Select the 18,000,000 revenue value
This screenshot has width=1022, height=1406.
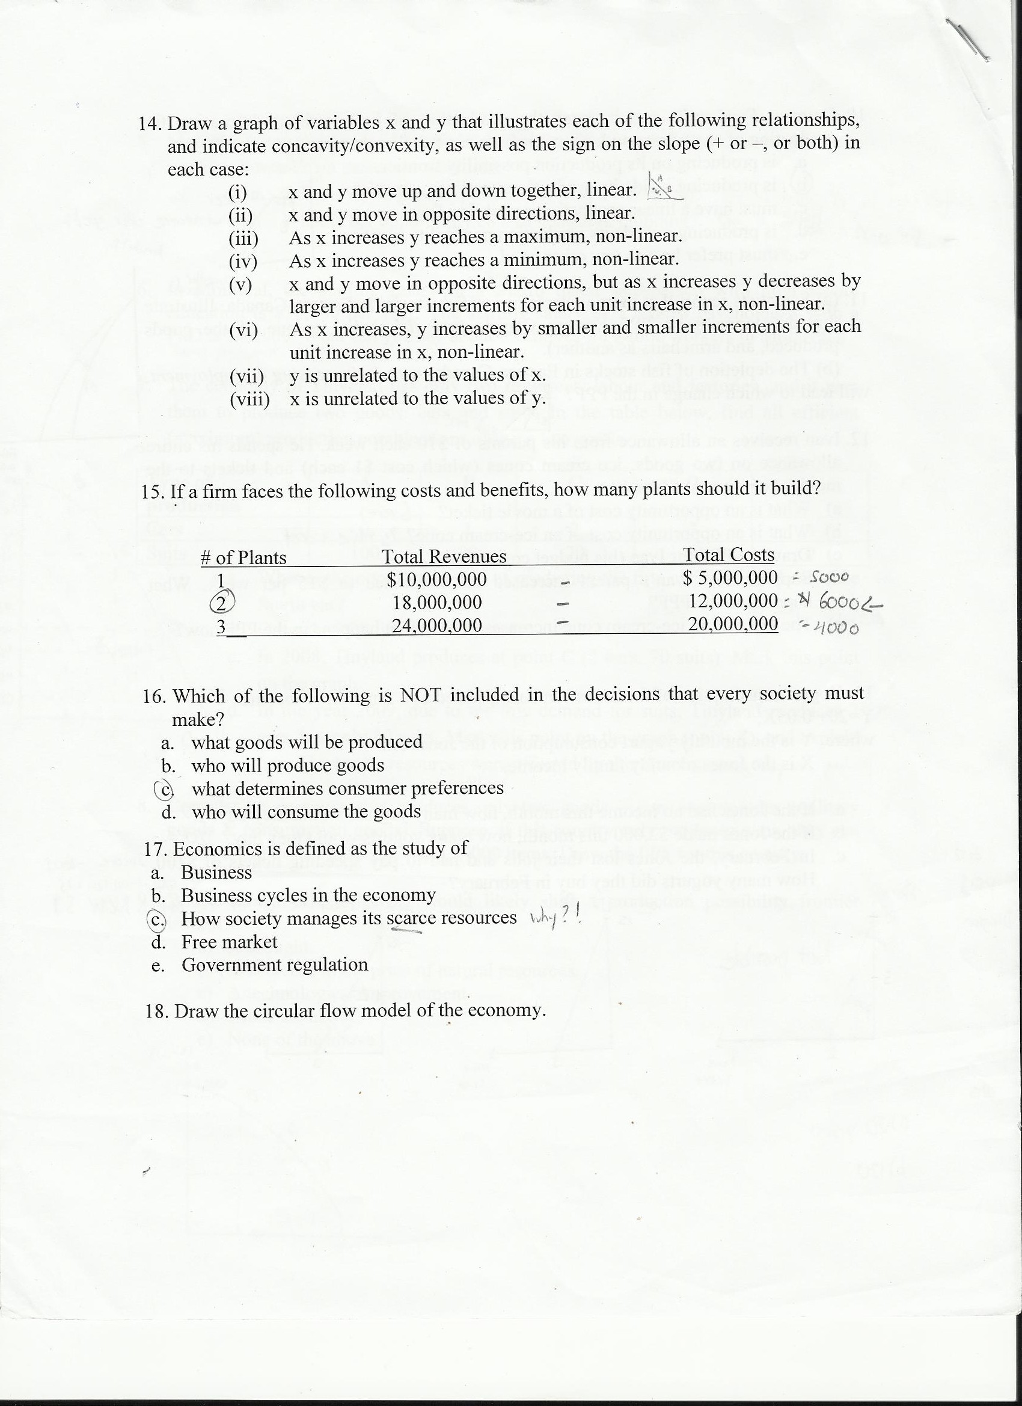[438, 602]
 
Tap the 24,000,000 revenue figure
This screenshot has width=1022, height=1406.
[437, 625]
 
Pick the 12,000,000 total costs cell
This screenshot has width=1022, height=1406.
[733, 600]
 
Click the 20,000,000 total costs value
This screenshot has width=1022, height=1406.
[733, 623]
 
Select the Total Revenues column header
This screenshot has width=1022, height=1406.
[444, 557]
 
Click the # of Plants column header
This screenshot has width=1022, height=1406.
[243, 558]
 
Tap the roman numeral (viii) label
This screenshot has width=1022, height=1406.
[249, 399]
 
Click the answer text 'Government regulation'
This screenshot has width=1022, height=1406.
[275, 965]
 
